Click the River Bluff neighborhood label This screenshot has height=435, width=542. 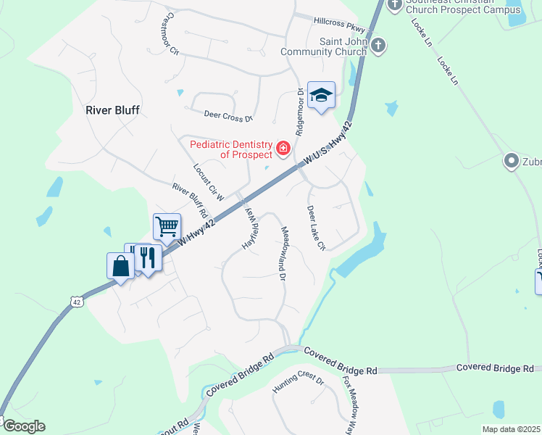coord(112,110)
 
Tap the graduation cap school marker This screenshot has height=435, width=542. coord(321,95)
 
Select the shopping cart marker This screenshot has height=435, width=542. coord(167,226)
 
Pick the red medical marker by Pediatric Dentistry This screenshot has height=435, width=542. coord(283,150)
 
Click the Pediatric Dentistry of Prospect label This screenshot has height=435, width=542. coord(231,149)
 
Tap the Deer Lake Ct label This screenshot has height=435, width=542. coord(316,228)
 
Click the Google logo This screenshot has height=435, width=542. coord(24,426)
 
